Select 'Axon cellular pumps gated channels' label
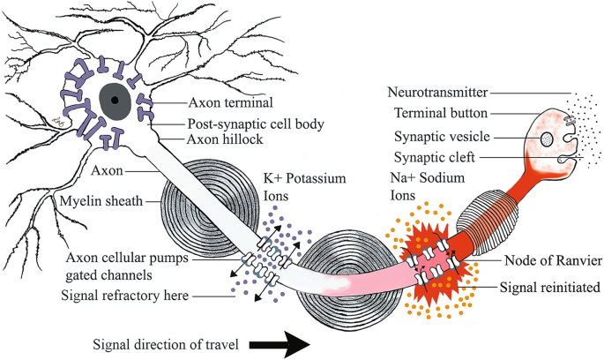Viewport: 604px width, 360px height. [126, 266]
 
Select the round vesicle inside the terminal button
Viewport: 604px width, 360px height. [547, 139]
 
